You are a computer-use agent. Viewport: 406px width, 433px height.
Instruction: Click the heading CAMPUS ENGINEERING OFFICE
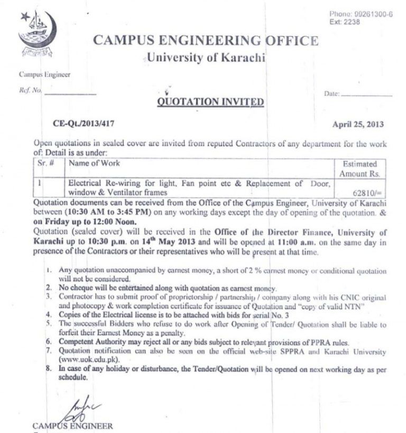tap(206, 40)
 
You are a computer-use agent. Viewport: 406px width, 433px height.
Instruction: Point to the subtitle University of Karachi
tap(206, 58)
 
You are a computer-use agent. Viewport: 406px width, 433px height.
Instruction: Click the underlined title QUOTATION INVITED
tap(210, 102)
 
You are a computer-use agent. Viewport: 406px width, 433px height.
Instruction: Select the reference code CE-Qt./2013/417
tap(84, 124)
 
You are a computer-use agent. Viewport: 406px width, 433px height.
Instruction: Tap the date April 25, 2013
tap(358, 125)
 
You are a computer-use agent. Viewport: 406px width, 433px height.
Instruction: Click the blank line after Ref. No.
tap(70, 92)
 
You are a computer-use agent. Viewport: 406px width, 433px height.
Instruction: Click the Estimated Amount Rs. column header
tap(359, 169)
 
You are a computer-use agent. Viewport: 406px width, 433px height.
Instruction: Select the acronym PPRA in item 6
tap(306, 343)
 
